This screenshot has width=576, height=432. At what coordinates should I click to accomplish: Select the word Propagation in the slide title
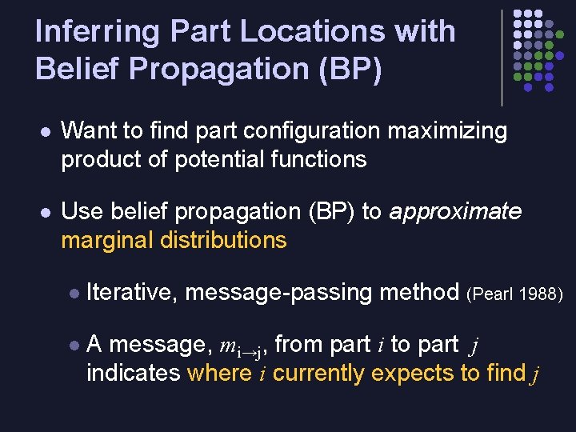click(x=216, y=69)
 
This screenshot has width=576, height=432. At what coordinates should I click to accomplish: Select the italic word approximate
click(x=454, y=211)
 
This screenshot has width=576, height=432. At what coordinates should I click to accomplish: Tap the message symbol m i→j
click(x=242, y=346)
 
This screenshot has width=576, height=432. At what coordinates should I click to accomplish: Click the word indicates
click(x=133, y=374)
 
